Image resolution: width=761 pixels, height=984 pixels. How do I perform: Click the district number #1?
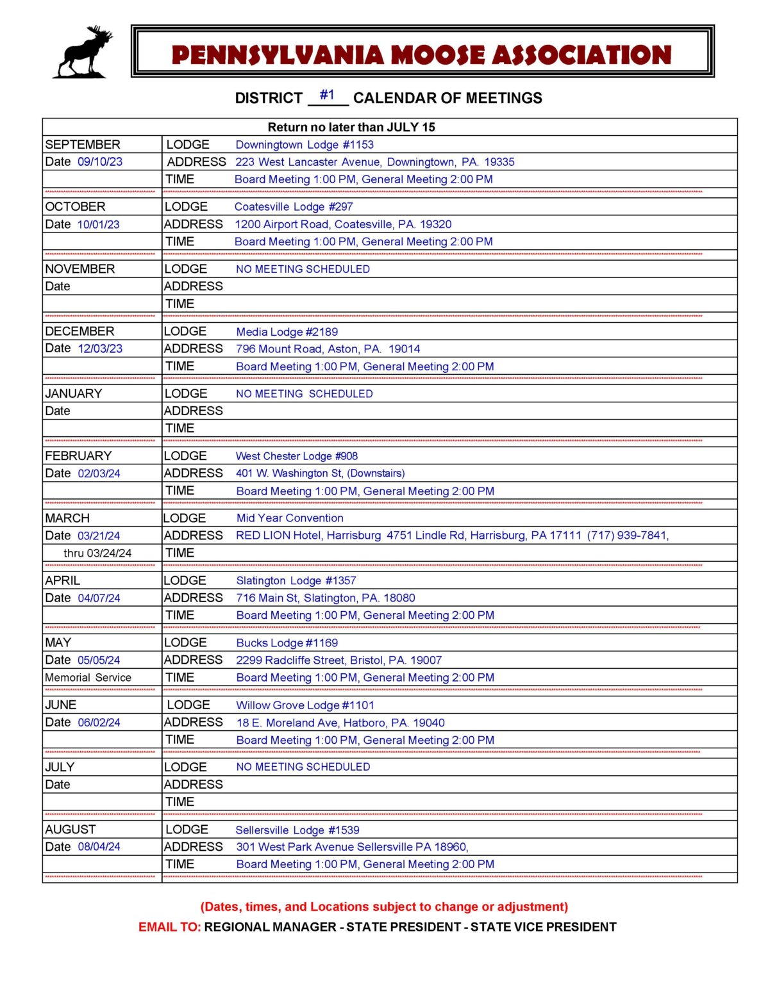[x=327, y=95]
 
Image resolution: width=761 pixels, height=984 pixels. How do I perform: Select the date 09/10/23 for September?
[x=100, y=162]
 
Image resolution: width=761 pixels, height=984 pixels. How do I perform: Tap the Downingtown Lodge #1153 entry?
[x=305, y=145]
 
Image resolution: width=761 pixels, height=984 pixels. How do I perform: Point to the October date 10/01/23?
[x=99, y=225]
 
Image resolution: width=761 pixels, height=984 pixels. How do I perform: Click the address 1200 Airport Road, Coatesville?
[x=343, y=224]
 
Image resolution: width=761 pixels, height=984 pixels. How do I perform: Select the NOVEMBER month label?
[x=80, y=269]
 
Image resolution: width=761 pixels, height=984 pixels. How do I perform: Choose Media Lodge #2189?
[x=287, y=332]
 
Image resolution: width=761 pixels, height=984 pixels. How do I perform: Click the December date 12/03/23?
[x=100, y=349]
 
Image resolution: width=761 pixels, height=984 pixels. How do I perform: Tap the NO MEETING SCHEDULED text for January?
[x=304, y=394]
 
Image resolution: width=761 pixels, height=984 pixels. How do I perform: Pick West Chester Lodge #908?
[x=297, y=456]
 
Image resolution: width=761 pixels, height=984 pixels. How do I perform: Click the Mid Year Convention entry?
[x=290, y=518]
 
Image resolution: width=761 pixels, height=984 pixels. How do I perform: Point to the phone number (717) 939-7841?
[x=628, y=536]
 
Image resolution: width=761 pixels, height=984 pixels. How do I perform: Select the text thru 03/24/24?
[x=97, y=553]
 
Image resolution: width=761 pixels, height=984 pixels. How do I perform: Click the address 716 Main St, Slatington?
[x=325, y=598]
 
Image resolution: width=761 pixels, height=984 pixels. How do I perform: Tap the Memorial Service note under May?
[x=88, y=678]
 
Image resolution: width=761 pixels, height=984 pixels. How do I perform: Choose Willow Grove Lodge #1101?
[x=305, y=705]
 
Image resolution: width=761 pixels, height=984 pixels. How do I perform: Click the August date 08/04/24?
[x=99, y=847]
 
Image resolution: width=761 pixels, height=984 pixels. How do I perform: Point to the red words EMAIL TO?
[x=170, y=927]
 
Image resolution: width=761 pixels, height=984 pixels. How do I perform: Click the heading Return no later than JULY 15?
[x=351, y=127]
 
